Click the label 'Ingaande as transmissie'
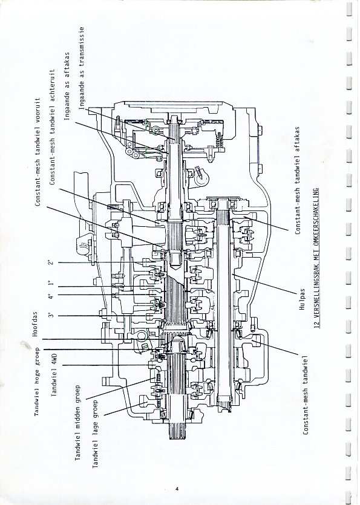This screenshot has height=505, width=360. point(82,68)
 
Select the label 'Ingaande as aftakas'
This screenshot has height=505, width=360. point(67,86)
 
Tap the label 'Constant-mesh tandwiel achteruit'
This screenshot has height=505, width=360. point(53,126)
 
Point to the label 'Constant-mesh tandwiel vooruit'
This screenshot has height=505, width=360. point(38,152)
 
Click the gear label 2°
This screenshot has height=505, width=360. point(51,262)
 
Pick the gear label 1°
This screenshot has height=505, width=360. point(51,283)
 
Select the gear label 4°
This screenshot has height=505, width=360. point(51,295)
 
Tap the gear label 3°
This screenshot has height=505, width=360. point(51,315)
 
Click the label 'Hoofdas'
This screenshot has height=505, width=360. point(35,324)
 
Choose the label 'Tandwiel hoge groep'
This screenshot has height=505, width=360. point(37,381)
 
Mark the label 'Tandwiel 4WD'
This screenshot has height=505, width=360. point(54,374)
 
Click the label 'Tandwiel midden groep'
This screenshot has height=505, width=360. point(77,423)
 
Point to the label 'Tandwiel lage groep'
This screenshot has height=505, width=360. point(96,434)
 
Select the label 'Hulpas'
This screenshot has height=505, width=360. point(302,299)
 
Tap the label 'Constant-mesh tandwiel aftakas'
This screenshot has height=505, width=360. point(298,180)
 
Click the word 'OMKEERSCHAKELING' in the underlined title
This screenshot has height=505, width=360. point(316,217)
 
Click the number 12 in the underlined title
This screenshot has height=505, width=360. point(316,325)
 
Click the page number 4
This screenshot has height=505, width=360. point(177,489)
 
